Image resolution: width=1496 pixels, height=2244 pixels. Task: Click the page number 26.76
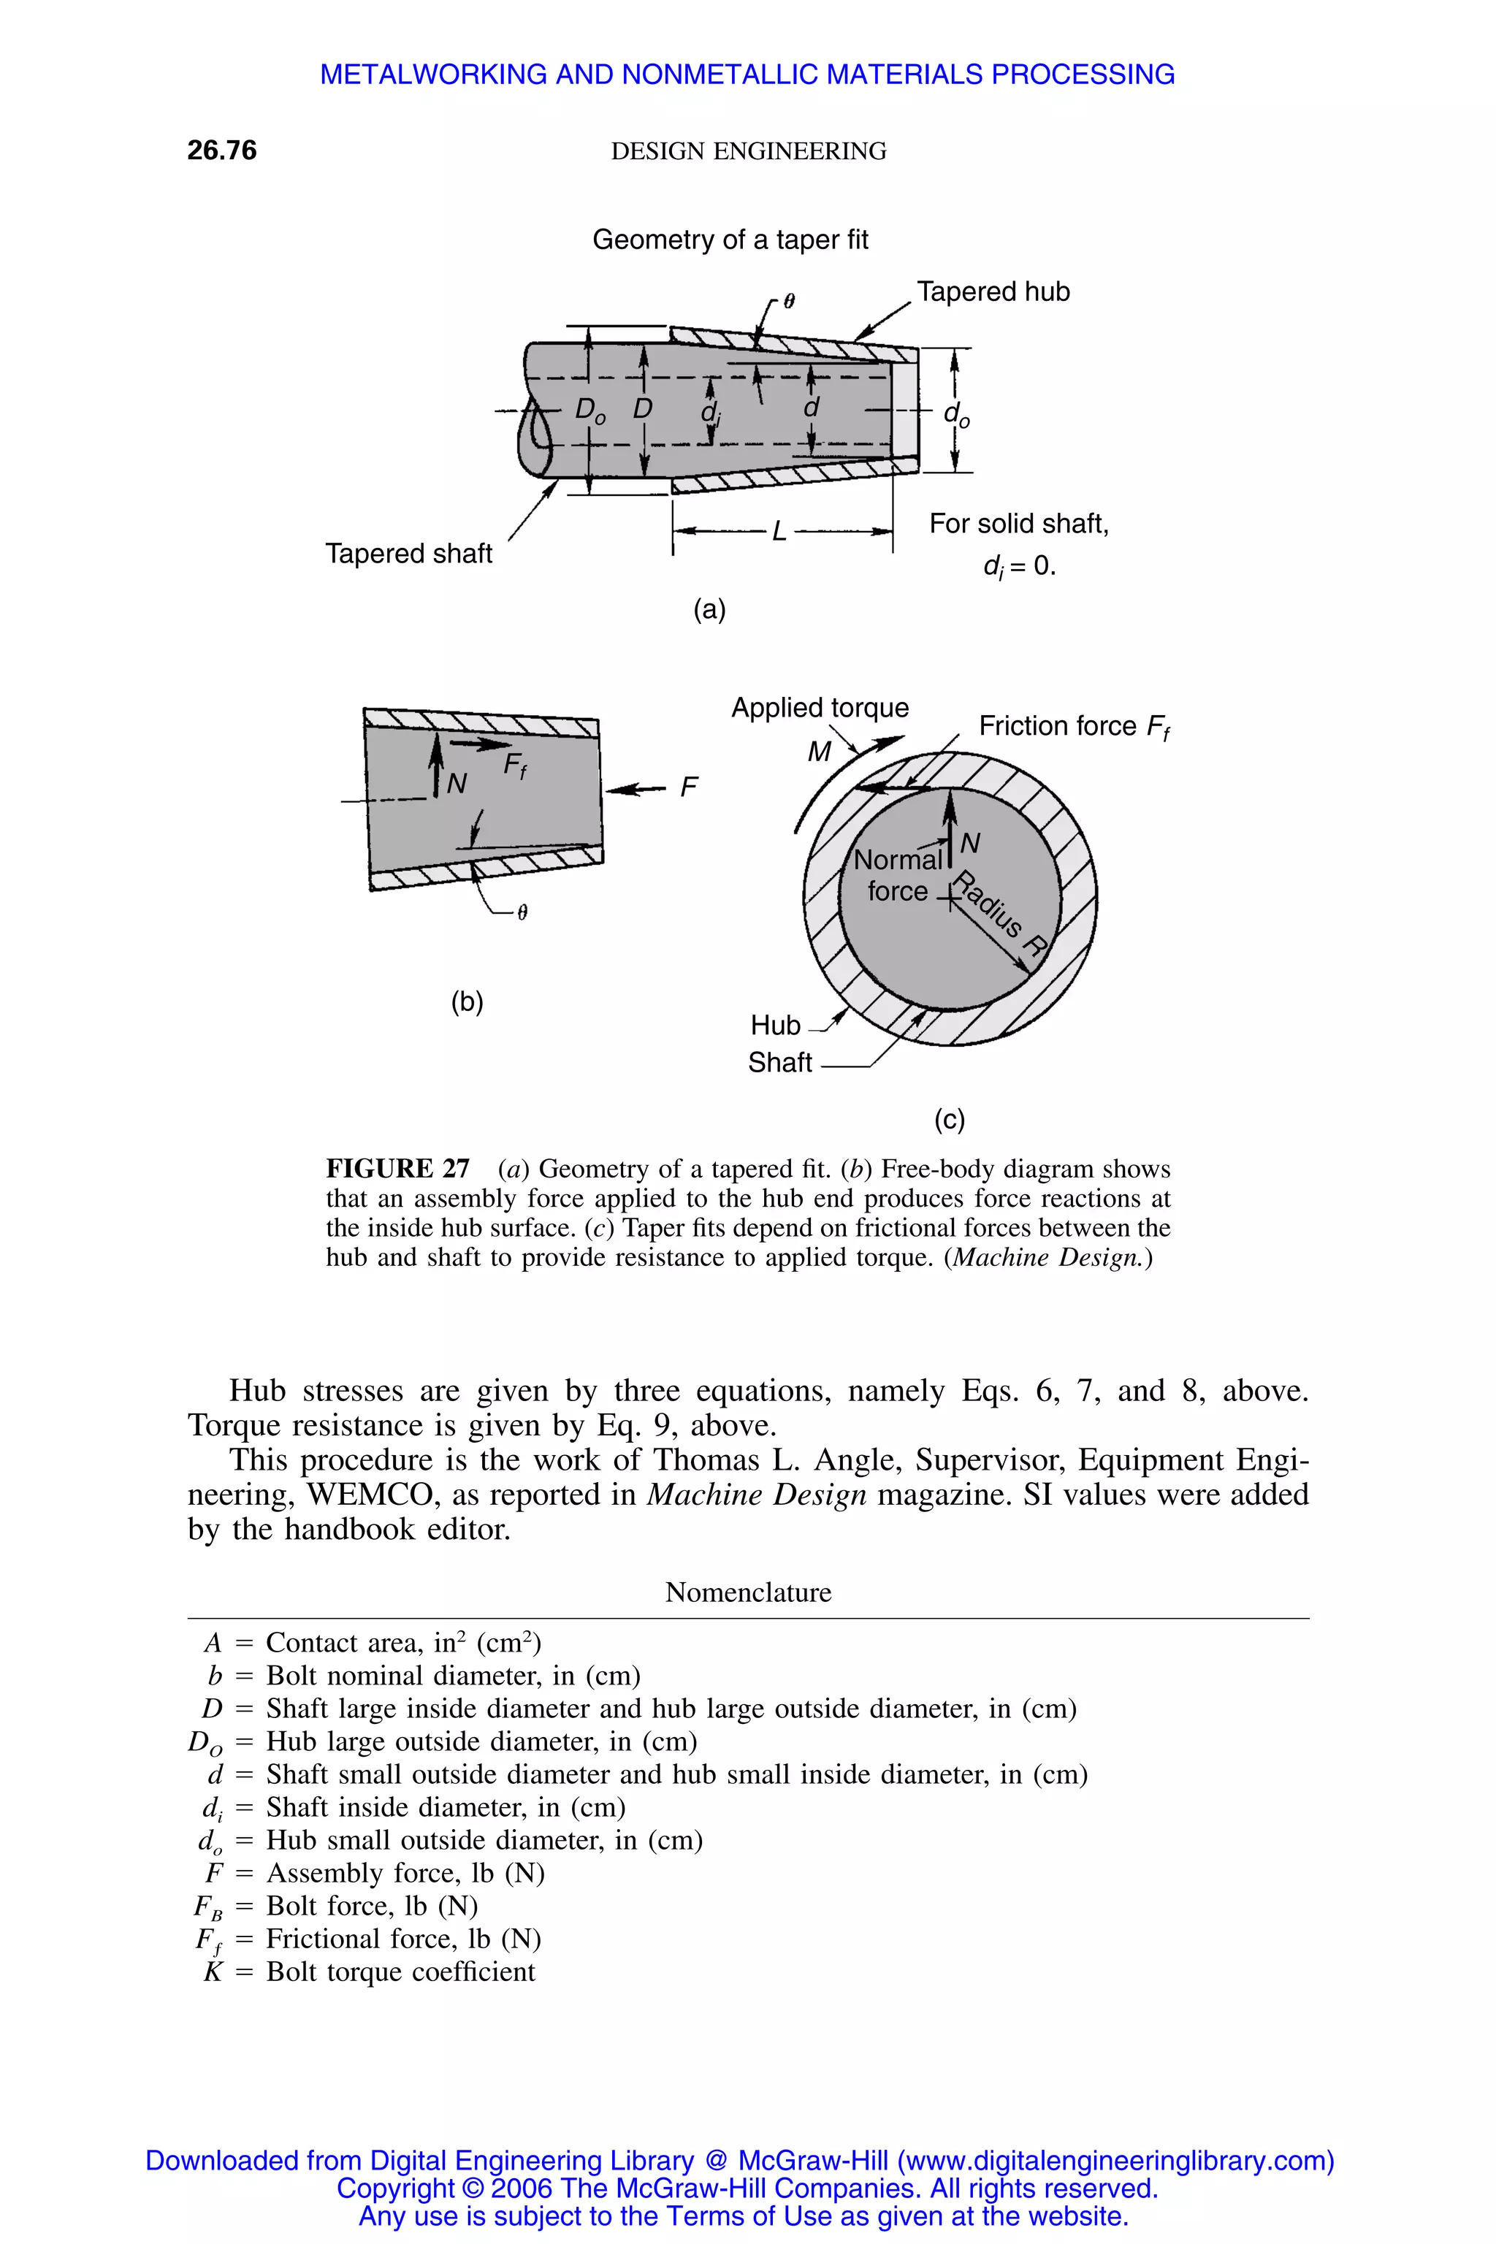tap(221, 150)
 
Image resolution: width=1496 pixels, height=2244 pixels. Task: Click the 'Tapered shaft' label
tap(408, 554)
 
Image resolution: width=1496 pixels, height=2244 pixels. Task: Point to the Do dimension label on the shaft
tap(589, 411)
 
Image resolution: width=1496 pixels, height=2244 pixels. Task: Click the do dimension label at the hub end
tap(956, 414)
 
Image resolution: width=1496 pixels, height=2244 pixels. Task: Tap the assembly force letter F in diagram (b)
tap(688, 787)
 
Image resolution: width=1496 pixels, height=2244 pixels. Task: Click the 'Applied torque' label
tap(820, 707)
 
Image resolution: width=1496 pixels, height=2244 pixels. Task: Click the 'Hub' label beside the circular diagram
tap(775, 1025)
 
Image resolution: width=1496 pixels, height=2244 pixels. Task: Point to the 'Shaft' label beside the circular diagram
tap(779, 1062)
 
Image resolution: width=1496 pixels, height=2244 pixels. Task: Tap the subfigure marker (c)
tap(950, 1118)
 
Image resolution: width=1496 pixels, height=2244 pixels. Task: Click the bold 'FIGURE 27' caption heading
tap(398, 1169)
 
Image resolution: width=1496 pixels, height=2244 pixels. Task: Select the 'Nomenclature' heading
tap(748, 1592)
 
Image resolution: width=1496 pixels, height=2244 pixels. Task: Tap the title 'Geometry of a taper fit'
tap(730, 240)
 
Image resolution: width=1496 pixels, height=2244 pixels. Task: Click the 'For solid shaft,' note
tap(1018, 524)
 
